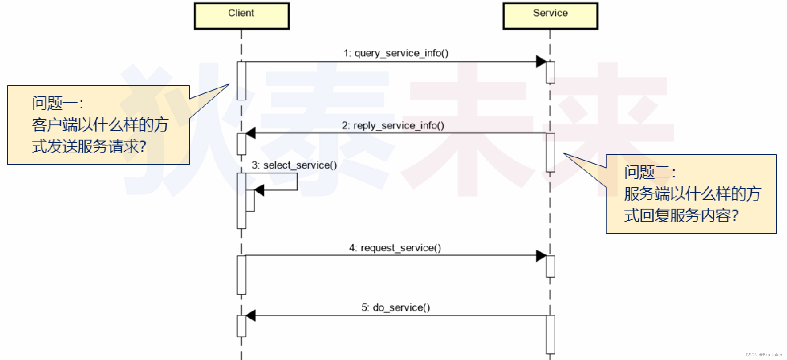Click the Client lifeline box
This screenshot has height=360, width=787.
241,16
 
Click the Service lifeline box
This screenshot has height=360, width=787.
550,16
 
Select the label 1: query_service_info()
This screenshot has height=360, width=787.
396,53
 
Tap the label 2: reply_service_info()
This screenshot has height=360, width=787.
393,126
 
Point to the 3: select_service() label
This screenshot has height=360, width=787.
294,165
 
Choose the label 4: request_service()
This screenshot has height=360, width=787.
395,248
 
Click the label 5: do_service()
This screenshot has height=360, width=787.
396,307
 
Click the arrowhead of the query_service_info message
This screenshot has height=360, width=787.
541,61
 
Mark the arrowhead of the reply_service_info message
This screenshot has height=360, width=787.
251,133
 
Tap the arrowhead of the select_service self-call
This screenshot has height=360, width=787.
259,190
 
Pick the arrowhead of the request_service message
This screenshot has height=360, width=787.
541,256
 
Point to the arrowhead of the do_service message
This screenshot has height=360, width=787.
251,316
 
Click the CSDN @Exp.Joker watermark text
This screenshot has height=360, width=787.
763,355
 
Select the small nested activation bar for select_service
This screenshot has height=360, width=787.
250,201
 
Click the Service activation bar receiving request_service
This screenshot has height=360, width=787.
550,266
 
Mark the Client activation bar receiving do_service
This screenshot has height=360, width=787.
241,326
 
